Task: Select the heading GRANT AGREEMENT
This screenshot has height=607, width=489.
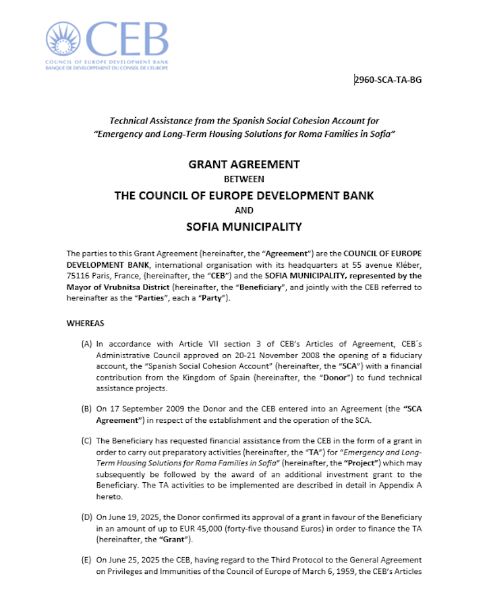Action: click(244, 165)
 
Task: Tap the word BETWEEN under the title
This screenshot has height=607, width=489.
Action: click(244, 179)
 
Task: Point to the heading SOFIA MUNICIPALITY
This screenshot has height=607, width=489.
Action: click(244, 227)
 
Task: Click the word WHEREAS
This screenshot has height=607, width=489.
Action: click(86, 324)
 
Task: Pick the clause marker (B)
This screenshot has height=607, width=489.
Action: click(86, 409)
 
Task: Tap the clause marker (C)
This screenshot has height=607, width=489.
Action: click(86, 441)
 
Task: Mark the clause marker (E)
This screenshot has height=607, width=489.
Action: click(86, 560)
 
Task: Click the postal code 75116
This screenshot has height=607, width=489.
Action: click(79, 286)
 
